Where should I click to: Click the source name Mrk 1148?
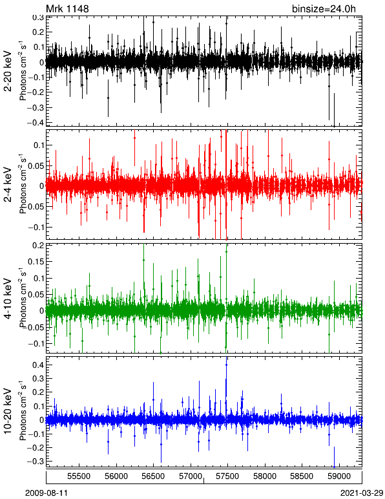[x=67, y=8]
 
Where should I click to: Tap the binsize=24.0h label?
[x=324, y=9]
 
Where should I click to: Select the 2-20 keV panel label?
[x=8, y=71]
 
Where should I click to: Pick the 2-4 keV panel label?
[x=8, y=185]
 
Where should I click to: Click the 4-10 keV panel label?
[x=8, y=298]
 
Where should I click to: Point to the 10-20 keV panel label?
[x=8, y=411]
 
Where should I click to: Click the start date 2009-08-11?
[x=47, y=493]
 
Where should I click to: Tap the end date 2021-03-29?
[x=362, y=493]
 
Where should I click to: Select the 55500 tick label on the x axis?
[x=79, y=476]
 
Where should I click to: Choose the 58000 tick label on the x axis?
[x=265, y=476]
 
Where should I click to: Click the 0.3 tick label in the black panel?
[x=38, y=17]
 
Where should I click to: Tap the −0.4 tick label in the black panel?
[x=36, y=122]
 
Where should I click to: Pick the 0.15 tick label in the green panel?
[x=36, y=262]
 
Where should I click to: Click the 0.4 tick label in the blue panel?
[x=38, y=365]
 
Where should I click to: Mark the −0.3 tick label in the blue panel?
[x=36, y=461]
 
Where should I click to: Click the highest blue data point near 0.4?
[x=226, y=365]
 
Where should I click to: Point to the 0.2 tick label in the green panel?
[x=38, y=246]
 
